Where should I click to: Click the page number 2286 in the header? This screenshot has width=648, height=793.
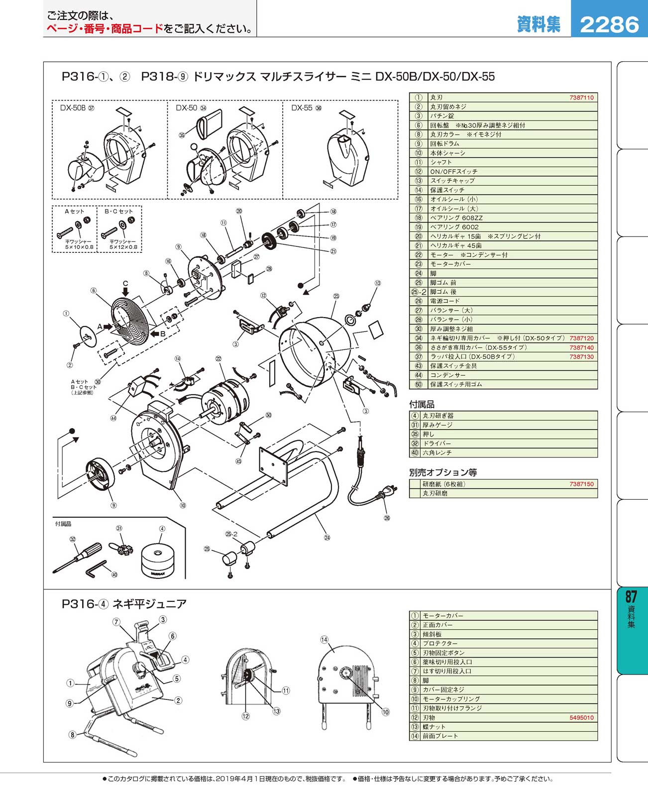[x=609, y=24]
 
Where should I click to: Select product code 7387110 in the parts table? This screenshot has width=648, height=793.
[x=581, y=98]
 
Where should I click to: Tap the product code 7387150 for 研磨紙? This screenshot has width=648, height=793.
[x=581, y=484]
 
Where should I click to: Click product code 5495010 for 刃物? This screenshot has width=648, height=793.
[x=581, y=718]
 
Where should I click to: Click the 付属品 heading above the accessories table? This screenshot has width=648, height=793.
[x=422, y=405]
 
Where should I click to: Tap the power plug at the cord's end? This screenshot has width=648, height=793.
[x=387, y=494]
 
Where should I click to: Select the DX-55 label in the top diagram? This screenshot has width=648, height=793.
[x=302, y=108]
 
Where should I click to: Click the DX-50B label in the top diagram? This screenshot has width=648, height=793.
[x=73, y=108]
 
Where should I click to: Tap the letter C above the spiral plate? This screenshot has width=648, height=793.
[x=125, y=284]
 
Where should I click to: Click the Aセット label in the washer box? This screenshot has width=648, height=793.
[x=74, y=212]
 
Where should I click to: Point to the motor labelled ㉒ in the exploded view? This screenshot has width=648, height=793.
[x=226, y=396]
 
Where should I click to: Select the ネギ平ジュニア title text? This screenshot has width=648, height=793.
[x=149, y=604]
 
